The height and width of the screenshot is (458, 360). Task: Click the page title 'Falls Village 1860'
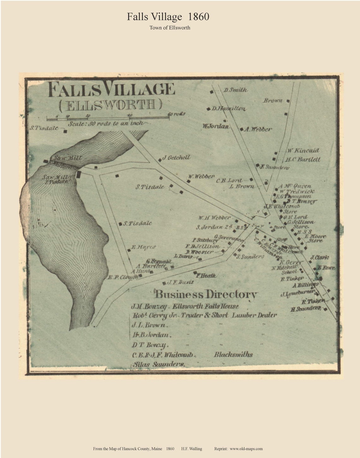coord(168,17)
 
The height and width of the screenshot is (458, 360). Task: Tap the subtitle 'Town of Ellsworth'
coord(170,27)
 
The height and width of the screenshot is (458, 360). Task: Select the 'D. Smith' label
coord(235,90)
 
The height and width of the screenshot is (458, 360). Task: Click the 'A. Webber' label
coord(258,129)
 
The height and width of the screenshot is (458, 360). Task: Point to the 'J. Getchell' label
coord(176,158)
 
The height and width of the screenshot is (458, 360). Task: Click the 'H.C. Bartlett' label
coord(303,159)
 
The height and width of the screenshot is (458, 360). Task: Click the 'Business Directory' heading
coord(206,294)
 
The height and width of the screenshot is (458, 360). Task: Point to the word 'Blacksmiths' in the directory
coord(233,354)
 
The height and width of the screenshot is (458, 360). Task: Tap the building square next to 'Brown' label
coord(288,101)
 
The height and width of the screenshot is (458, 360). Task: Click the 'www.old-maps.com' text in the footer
coord(246,449)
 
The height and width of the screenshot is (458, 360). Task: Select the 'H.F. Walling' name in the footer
coord(192,449)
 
